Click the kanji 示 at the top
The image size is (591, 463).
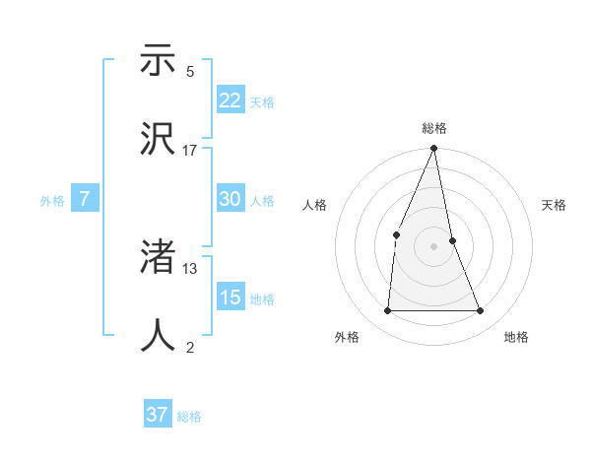[158, 61]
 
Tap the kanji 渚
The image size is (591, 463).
[158, 258]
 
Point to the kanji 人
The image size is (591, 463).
[158, 336]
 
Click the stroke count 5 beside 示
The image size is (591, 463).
[190, 72]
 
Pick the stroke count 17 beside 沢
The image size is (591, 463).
[190, 151]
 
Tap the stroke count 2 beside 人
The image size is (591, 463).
[190, 347]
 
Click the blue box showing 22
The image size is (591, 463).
[230, 100]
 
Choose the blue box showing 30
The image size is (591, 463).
[230, 199]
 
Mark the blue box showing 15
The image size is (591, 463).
[230, 298]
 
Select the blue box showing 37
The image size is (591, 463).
[158, 415]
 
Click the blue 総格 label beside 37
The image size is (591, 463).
[189, 417]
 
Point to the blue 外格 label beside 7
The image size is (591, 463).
[52, 201]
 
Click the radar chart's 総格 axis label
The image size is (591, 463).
[434, 128]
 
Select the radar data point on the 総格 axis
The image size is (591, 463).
[434, 149]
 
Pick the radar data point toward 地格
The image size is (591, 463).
[481, 310]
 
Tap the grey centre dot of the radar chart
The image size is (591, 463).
[434, 245]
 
